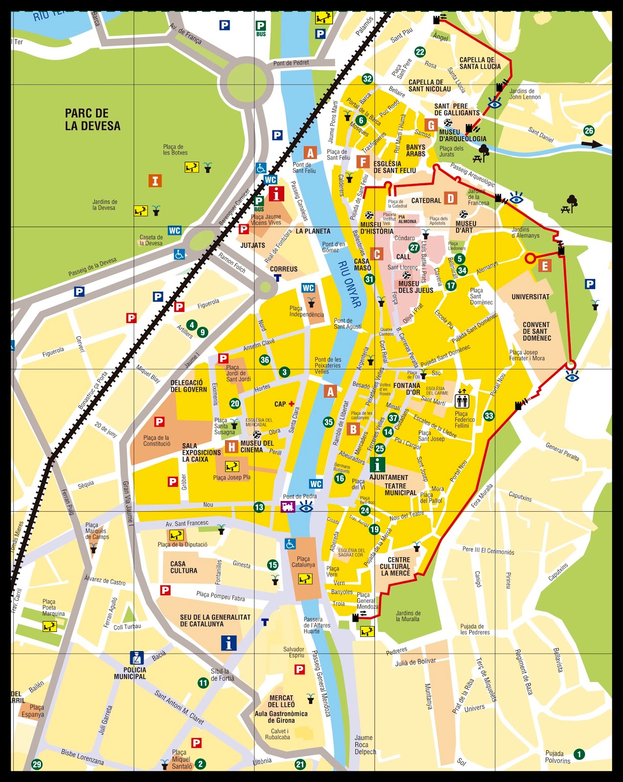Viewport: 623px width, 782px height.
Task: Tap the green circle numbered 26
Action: (589, 130)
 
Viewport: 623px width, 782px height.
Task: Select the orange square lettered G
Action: (430, 125)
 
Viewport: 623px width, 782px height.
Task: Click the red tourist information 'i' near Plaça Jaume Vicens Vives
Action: (276, 194)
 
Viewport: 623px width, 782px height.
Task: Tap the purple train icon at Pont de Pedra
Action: (288, 507)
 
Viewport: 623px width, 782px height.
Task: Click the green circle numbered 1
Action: (579, 754)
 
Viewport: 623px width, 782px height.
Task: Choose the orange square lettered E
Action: (545, 266)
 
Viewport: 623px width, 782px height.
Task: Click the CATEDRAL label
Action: (426, 200)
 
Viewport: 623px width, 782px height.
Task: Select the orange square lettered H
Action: (232, 446)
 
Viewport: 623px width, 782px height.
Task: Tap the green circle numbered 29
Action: (37, 764)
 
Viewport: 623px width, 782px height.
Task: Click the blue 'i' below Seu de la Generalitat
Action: (228, 643)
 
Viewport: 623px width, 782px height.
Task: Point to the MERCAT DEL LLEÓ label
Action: (281, 701)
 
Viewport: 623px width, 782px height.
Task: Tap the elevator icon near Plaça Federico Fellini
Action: (462, 401)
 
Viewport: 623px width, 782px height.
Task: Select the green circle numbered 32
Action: (367, 79)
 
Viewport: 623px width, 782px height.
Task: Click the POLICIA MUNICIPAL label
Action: (130, 673)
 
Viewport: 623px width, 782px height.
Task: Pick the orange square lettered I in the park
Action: (155, 181)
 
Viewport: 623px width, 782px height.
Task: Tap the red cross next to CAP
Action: (291, 404)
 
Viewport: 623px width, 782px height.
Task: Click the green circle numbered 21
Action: (300, 764)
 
